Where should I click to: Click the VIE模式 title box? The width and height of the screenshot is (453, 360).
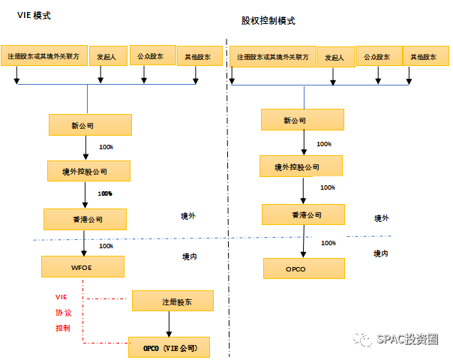(x=34, y=15)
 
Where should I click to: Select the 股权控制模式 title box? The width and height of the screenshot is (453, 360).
(x=268, y=20)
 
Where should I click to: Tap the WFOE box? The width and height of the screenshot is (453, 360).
(x=82, y=266)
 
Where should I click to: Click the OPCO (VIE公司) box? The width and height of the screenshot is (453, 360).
(x=169, y=347)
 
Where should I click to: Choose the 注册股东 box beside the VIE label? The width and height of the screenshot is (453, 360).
(x=173, y=301)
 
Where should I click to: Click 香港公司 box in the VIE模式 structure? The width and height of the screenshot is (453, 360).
(x=85, y=219)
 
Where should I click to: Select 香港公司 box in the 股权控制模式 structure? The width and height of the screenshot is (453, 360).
(x=302, y=214)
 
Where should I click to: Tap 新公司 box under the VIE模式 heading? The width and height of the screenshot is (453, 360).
(x=90, y=124)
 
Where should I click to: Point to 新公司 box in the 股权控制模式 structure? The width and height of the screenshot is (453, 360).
(x=302, y=119)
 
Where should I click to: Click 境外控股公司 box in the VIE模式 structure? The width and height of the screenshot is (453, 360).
(x=88, y=171)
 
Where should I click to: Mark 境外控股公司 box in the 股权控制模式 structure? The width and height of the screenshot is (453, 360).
(x=301, y=166)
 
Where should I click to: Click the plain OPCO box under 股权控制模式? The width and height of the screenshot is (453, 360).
(x=304, y=268)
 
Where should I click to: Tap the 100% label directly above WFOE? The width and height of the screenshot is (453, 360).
(x=106, y=245)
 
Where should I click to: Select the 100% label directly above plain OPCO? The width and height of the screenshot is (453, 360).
(x=329, y=242)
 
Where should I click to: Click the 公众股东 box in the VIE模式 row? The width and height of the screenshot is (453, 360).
(x=152, y=55)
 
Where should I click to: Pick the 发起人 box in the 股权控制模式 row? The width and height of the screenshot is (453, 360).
(x=336, y=57)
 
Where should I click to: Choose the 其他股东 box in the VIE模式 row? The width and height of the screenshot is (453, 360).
(x=199, y=56)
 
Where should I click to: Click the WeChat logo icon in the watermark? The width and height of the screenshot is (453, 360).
(x=363, y=338)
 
